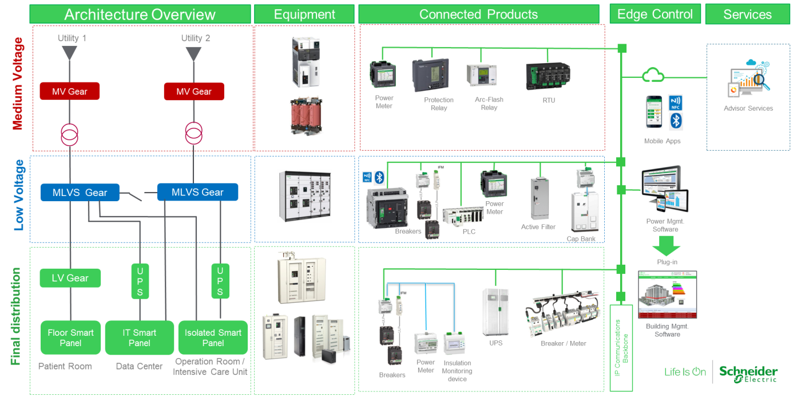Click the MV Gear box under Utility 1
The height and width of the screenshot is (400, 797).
tap(69, 91)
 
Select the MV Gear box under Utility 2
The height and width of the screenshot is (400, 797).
tap(194, 91)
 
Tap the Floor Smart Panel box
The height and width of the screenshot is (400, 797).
tap(71, 338)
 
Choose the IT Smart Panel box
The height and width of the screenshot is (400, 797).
tap(140, 338)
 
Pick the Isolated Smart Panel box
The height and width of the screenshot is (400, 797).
tap(213, 338)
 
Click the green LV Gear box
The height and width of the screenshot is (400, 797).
tap(70, 278)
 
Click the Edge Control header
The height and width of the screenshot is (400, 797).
tap(655, 14)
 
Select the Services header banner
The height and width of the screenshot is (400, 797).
tap(747, 15)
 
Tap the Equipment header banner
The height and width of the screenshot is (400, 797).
tap(304, 14)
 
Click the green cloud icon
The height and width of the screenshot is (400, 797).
tap(653, 75)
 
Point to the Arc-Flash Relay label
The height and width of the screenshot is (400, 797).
tap(489, 103)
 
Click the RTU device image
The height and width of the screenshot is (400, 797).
tap(548, 76)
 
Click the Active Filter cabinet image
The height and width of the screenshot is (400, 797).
tap(539, 198)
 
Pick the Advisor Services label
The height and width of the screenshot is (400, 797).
tap(748, 108)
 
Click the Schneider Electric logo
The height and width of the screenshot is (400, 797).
tap(748, 372)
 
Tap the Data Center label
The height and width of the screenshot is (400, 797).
tap(139, 366)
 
